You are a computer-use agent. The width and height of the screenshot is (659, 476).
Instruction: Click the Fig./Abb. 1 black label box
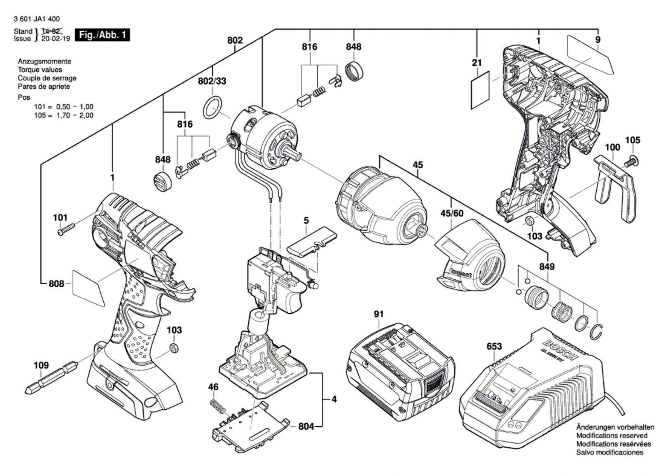pyautogui.click(x=102, y=35)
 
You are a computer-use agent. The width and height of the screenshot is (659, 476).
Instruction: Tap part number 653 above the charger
pyautogui.click(x=494, y=346)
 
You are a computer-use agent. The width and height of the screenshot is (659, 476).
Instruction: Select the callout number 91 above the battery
pyautogui.click(x=379, y=314)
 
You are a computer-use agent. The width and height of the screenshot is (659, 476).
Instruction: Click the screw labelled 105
pyautogui.click(x=631, y=162)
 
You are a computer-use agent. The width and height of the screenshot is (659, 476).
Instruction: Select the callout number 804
pyautogui.click(x=306, y=426)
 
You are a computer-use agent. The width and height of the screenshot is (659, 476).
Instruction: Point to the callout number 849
pyautogui.click(x=547, y=267)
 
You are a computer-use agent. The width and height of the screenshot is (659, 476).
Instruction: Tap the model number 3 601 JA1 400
pyautogui.click(x=36, y=19)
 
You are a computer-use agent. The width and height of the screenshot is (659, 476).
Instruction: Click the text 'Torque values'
pyautogui.click(x=40, y=70)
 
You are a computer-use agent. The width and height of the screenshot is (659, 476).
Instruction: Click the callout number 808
pyautogui.click(x=56, y=284)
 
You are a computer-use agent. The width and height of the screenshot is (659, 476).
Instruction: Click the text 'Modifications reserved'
pyautogui.click(x=612, y=436)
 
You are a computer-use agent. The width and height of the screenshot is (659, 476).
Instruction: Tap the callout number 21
pyautogui.click(x=477, y=63)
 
